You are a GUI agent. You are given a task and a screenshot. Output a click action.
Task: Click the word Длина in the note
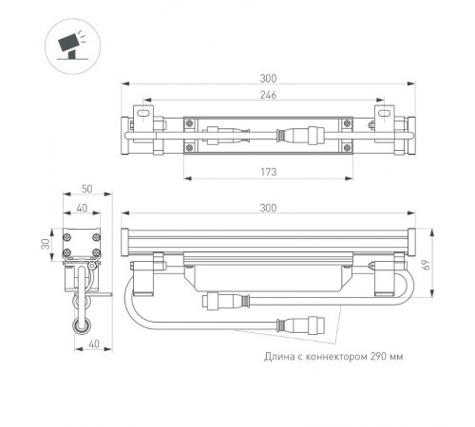(x=282, y=357)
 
